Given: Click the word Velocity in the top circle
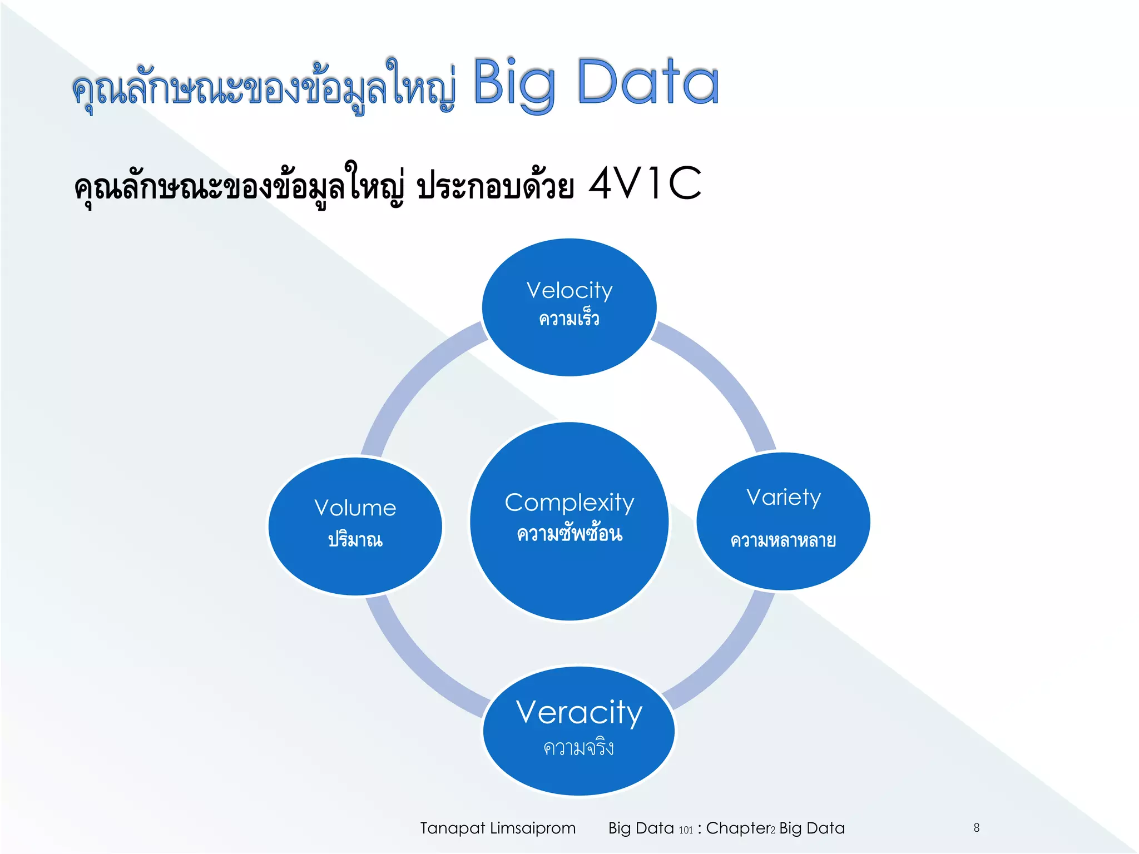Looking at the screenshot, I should pyautogui.click(x=569, y=291).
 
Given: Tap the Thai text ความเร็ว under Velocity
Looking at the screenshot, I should pyautogui.click(x=569, y=319).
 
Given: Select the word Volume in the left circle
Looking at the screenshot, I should pyautogui.click(x=355, y=508).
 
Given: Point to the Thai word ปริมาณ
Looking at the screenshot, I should pyautogui.click(x=355, y=539).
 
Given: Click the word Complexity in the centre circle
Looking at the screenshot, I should pyautogui.click(x=569, y=503).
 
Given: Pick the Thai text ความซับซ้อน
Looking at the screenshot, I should pyautogui.click(x=569, y=534).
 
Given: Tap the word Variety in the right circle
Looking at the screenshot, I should pyautogui.click(x=783, y=498).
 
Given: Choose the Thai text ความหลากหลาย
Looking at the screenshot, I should pyautogui.click(x=783, y=540).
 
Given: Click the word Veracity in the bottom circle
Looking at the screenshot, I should pyautogui.click(x=578, y=713).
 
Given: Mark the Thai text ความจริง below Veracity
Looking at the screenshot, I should pyautogui.click(x=578, y=748).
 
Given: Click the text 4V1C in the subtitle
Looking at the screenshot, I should pyautogui.click(x=645, y=183).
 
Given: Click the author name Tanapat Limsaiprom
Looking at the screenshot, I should pyautogui.click(x=497, y=828).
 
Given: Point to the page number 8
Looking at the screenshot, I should pyautogui.click(x=977, y=827).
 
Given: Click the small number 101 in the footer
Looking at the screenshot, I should pyautogui.click(x=686, y=830).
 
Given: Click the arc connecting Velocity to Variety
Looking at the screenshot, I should pyautogui.click(x=723, y=378).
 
